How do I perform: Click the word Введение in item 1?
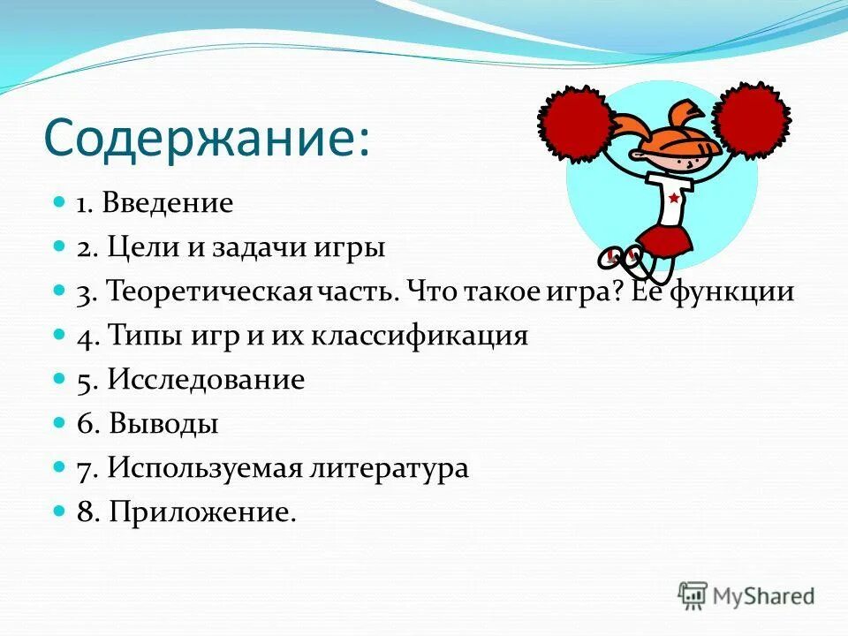(167, 204)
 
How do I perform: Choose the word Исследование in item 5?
(206, 381)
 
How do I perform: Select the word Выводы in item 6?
(163, 425)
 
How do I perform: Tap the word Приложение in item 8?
(202, 513)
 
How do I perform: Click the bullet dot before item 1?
(60, 202)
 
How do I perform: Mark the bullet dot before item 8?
(60, 511)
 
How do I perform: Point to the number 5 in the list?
(84, 381)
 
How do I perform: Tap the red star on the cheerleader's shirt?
(673, 198)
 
